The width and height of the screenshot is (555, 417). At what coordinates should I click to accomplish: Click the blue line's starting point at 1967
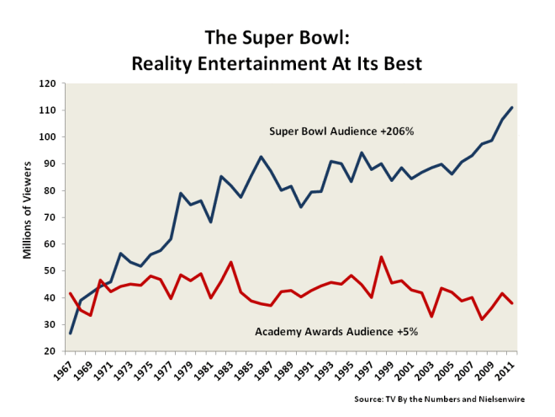pyautogui.click(x=70, y=333)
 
